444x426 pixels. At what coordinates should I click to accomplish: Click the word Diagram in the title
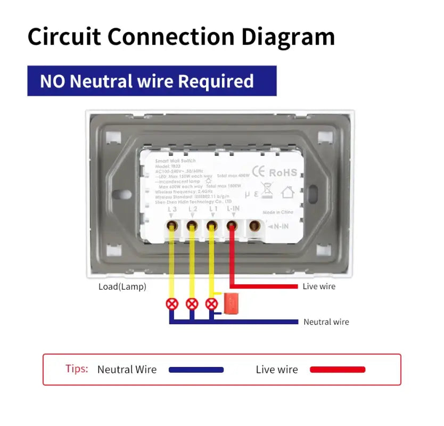click(x=288, y=37)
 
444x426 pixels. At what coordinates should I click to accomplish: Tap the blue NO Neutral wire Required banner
click(x=152, y=81)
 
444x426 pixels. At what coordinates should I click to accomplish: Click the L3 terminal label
click(x=172, y=210)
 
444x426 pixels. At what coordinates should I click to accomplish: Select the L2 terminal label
click(x=192, y=210)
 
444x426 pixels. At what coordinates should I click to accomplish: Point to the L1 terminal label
click(x=212, y=210)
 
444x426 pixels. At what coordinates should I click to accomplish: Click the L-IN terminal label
click(x=233, y=210)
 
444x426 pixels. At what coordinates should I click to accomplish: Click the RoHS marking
click(x=283, y=172)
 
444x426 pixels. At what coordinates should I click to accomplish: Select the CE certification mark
click(x=258, y=171)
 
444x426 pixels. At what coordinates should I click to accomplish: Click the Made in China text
click(x=281, y=212)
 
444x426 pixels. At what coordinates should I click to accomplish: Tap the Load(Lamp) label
click(x=122, y=286)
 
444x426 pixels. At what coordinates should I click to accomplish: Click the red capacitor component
click(x=231, y=302)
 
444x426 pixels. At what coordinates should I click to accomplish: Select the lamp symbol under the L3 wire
click(x=172, y=304)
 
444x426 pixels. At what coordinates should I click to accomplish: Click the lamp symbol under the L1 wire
click(x=212, y=304)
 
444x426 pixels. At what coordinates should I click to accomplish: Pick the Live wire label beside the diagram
click(x=319, y=286)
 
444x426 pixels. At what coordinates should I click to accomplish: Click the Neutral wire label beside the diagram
click(x=326, y=322)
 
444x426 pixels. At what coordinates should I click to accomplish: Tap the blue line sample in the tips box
click(x=196, y=370)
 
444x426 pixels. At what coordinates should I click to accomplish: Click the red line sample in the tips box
click(x=338, y=370)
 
